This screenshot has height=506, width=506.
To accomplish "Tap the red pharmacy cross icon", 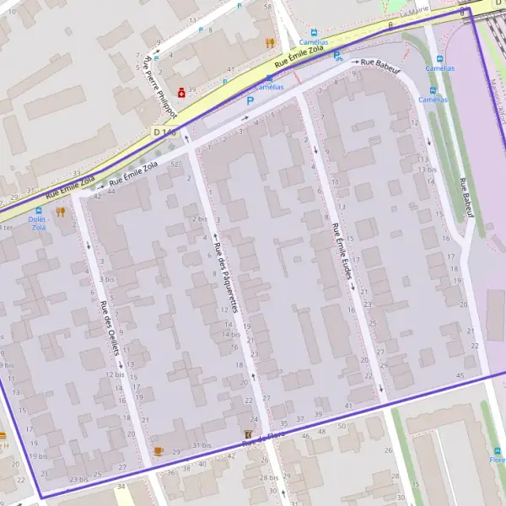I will [180, 91].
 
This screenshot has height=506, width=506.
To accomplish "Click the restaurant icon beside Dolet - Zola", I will [60, 212].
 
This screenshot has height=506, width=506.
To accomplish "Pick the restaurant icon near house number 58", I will [269, 42].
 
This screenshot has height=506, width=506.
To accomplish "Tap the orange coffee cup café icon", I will [158, 451].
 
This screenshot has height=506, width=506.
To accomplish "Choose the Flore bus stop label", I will [498, 460].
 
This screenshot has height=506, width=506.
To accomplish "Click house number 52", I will [174, 165].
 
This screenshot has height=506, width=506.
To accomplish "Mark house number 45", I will [460, 374].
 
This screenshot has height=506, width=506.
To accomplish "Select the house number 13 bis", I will [427, 170].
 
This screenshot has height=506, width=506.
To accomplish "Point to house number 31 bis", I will [201, 445].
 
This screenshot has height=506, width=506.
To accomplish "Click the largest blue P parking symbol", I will [249, 100].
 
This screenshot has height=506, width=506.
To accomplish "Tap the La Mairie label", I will [415, 12].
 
